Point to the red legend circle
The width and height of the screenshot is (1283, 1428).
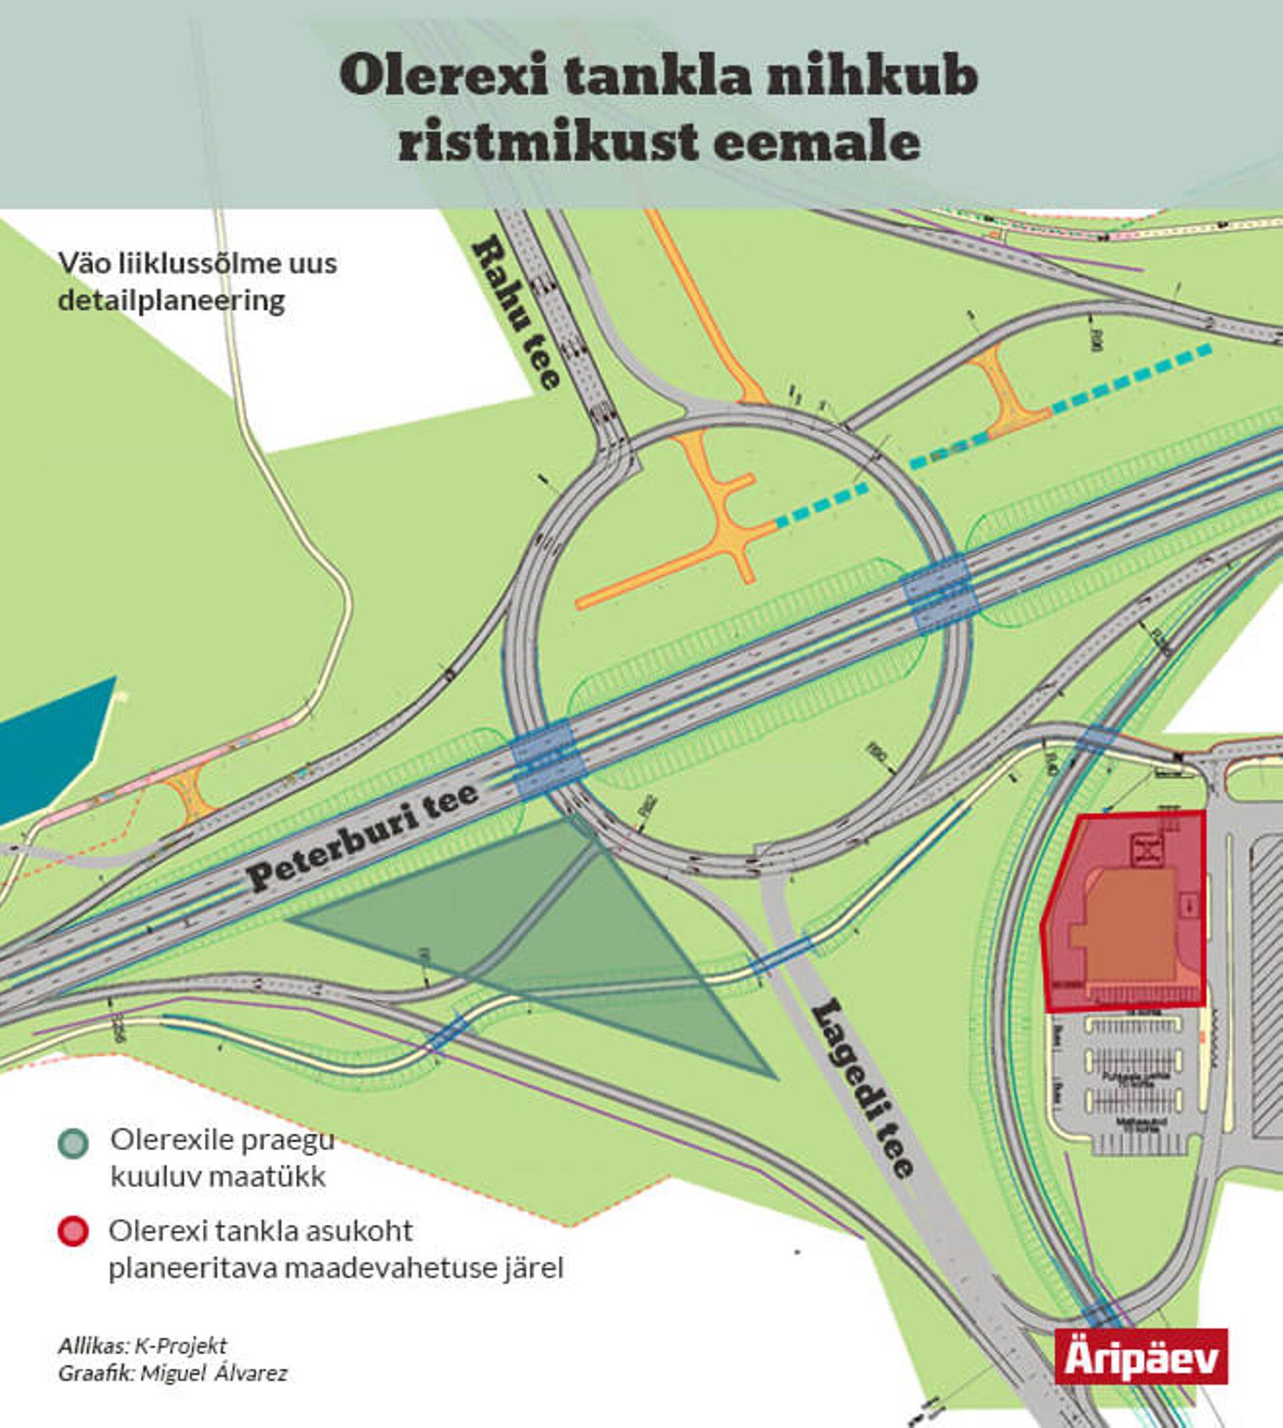coord(74,1232)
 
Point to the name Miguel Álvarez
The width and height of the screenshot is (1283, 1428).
coord(214,1373)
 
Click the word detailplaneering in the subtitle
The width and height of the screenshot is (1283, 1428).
coord(171,301)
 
